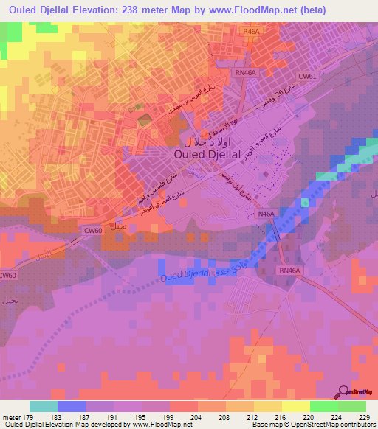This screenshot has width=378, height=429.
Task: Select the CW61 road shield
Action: click(x=306, y=77)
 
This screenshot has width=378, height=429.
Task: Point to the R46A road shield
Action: click(x=251, y=32)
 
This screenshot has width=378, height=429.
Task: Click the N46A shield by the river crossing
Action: click(x=265, y=214)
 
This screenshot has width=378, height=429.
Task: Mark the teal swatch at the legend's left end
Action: click(x=44, y=406)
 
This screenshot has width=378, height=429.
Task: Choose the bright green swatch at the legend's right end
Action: click(x=352, y=406)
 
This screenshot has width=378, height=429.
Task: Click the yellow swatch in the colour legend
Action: click(x=296, y=406)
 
